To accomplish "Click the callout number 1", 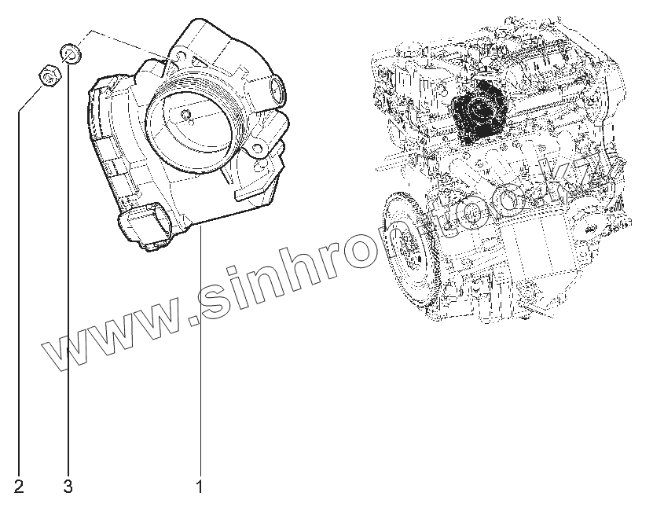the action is [200, 487].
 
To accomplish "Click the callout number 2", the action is [19, 487].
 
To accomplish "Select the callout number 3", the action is [68, 487].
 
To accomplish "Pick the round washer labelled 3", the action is [70, 54].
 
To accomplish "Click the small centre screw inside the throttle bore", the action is [186, 116].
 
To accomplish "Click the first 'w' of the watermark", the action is [62, 349].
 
